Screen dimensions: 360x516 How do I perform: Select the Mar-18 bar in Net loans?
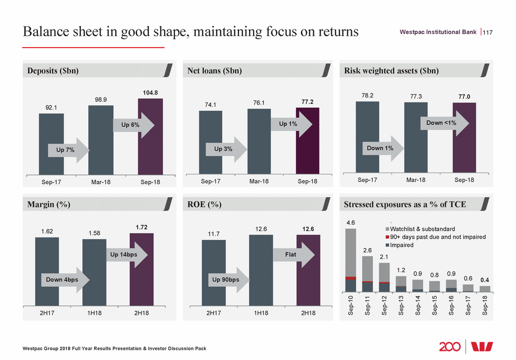click(259, 142)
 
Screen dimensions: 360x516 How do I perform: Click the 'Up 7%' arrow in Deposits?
click(67, 150)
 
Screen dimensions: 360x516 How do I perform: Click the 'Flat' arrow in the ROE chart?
click(295, 255)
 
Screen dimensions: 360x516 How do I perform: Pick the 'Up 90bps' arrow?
click(229, 279)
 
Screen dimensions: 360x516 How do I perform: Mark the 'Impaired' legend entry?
click(401, 245)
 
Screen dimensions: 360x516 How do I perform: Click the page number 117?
click(488, 33)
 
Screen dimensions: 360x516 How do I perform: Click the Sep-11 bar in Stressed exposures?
click(367, 274)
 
